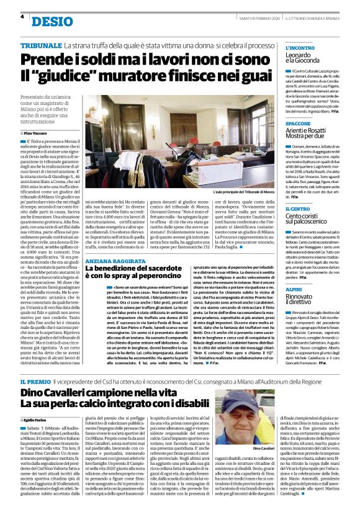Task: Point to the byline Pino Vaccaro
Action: coord(39,133)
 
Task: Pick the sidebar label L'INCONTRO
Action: coord(301,48)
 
